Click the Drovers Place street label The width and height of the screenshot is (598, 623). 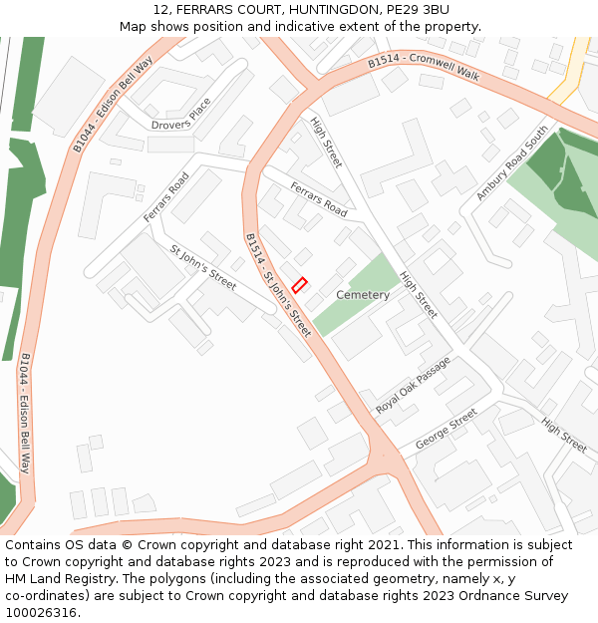[181, 115]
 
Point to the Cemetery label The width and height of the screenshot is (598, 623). [363, 295]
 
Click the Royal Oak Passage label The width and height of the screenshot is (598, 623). [413, 387]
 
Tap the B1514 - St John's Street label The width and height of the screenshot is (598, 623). [278, 284]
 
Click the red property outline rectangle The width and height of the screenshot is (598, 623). [299, 284]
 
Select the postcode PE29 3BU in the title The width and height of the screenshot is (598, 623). [414, 9]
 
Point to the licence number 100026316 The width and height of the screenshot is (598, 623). [41, 612]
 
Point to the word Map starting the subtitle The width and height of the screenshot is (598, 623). [135, 26]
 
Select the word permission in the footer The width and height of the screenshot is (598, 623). [524, 561]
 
